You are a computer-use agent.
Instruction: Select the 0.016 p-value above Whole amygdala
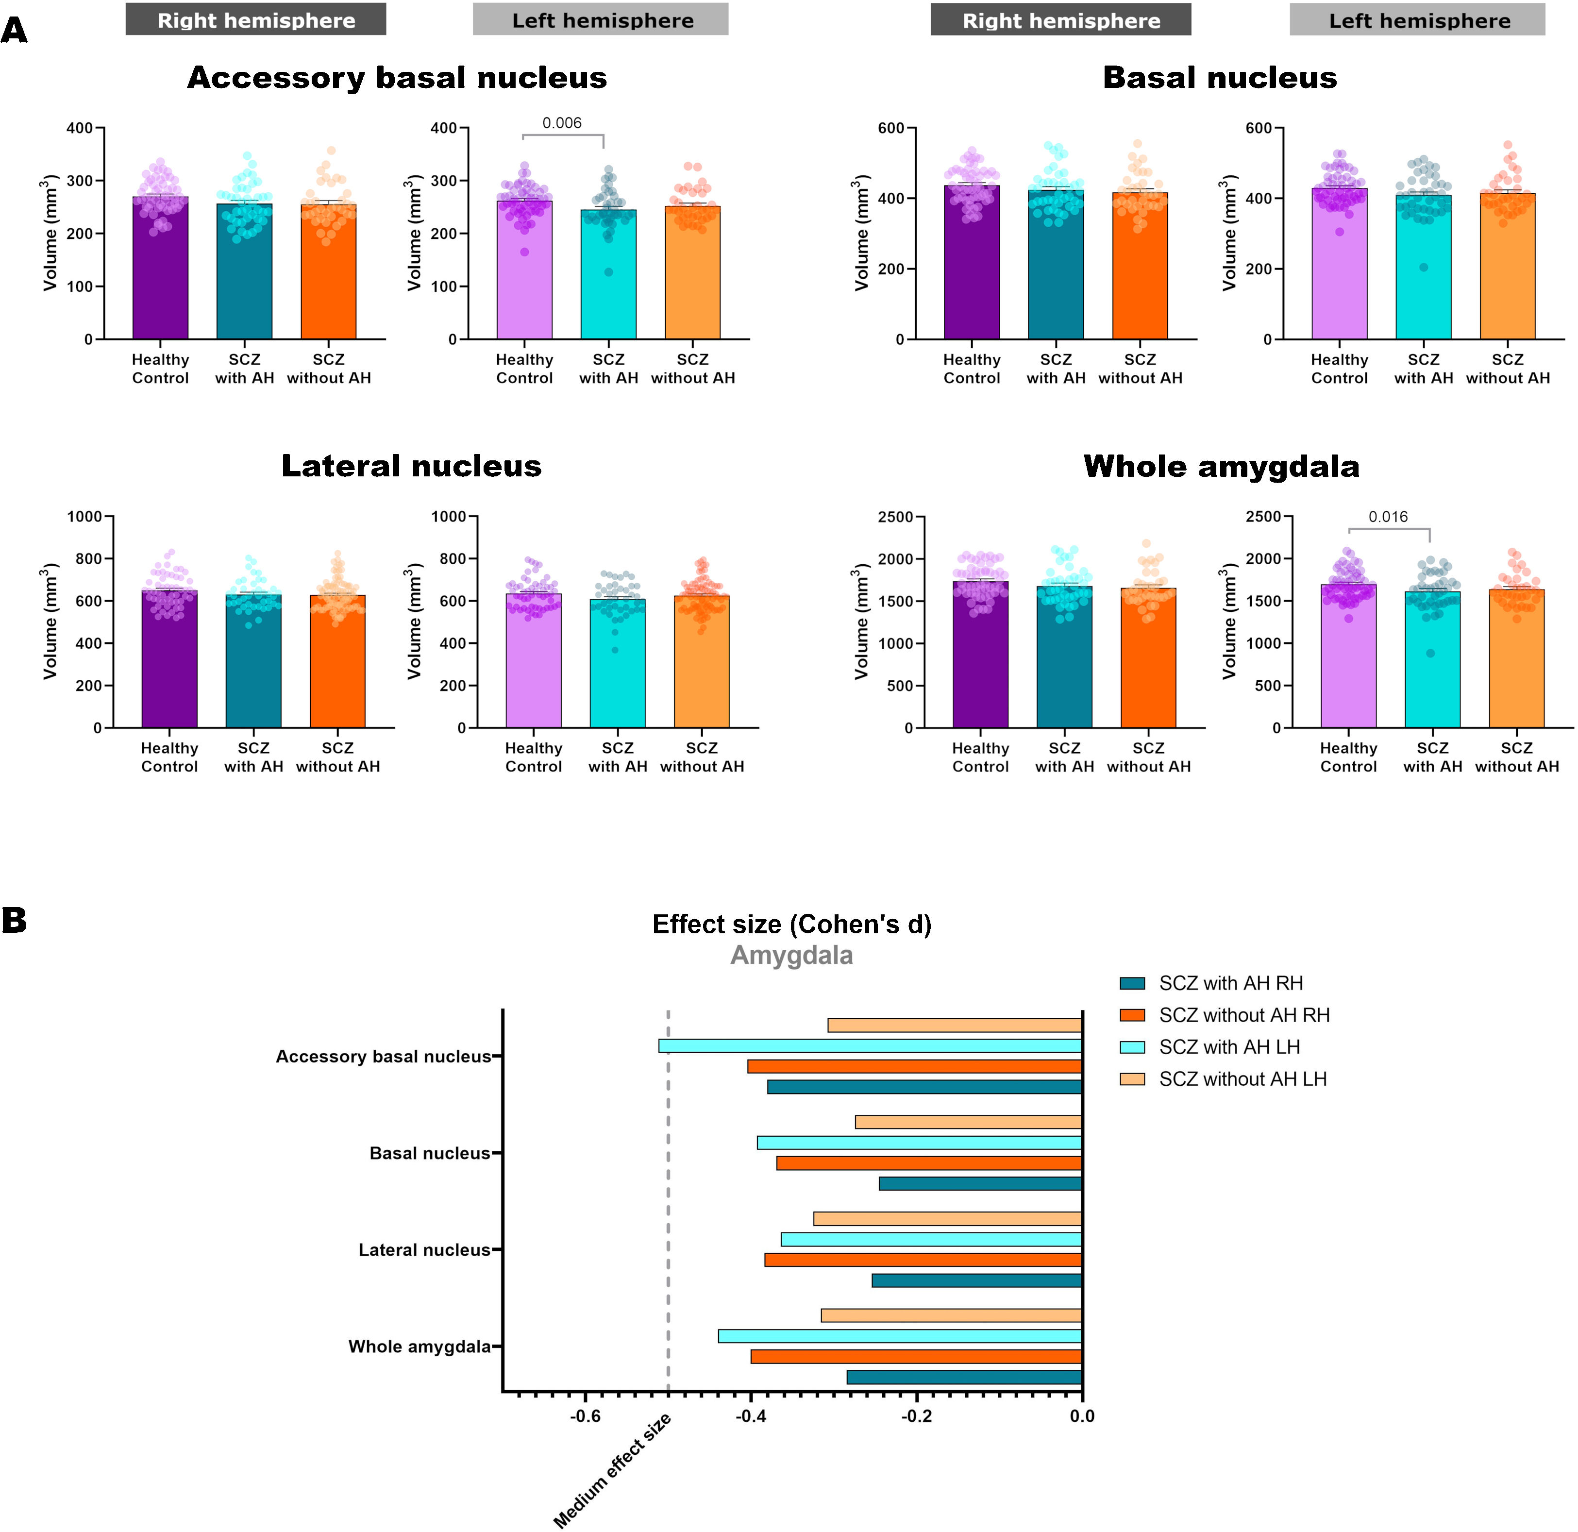tap(1388, 517)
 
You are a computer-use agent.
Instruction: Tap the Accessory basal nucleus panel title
tap(397, 78)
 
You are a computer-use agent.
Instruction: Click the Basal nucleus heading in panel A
tap(1220, 78)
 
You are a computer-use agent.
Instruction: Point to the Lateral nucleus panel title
tap(411, 466)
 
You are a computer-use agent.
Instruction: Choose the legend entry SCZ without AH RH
tap(1244, 1015)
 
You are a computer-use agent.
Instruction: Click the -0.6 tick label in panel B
tap(585, 1416)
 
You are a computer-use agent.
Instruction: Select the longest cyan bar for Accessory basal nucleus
tap(870, 1046)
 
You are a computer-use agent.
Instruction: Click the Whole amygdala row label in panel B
tap(420, 1347)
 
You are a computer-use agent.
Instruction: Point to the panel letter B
tap(15, 920)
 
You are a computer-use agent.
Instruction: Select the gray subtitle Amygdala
tap(791, 956)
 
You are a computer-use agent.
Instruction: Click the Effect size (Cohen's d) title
tap(791, 924)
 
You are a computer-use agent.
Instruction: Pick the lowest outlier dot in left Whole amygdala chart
tap(1431, 654)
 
